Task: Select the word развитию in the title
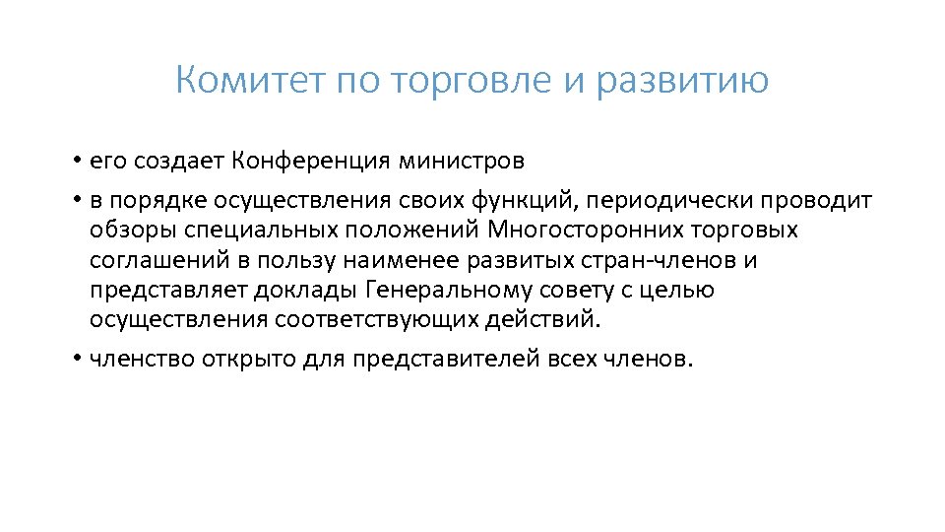coord(681,80)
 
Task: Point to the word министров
coord(464,160)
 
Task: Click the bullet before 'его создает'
coord(75,160)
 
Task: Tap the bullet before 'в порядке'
coord(75,201)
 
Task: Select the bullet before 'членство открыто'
coord(75,360)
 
